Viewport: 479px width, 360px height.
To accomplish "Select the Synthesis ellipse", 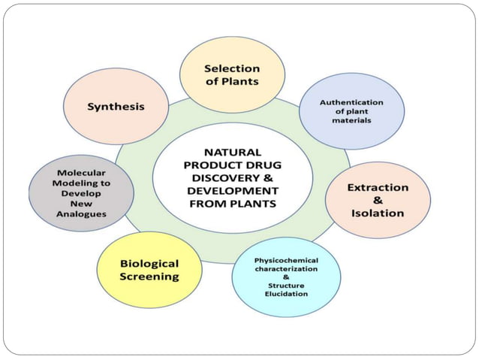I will [x=115, y=106].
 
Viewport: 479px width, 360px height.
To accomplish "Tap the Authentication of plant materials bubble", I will [x=351, y=111].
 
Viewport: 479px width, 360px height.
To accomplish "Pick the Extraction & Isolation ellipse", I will [x=378, y=200].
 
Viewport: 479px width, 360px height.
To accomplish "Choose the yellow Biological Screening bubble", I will [x=149, y=270].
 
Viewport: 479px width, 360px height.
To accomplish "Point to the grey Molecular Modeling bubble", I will [x=81, y=193].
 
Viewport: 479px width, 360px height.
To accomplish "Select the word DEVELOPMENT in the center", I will [x=232, y=190].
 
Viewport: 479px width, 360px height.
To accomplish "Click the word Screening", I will [x=149, y=277].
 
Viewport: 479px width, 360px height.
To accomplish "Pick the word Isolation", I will [x=378, y=213].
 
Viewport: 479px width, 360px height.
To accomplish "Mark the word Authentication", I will [x=351, y=102].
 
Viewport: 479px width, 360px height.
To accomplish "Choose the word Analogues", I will [x=81, y=214].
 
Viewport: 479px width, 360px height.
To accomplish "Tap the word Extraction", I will [x=378, y=186].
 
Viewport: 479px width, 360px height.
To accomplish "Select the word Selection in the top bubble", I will [x=232, y=68].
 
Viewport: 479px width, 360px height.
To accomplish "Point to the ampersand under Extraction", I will [x=378, y=200].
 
